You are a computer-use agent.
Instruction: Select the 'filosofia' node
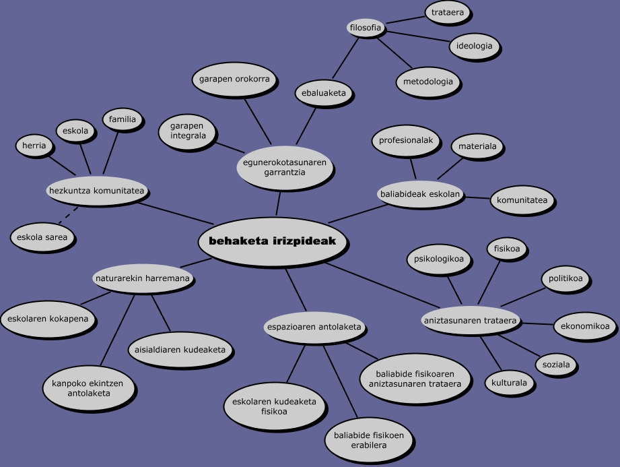[x=366, y=28]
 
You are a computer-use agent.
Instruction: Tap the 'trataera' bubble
[x=448, y=13]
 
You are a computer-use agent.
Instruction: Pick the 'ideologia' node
[x=474, y=46]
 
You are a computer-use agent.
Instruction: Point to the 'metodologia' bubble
[x=428, y=82]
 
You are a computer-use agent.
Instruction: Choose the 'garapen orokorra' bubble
[x=234, y=80]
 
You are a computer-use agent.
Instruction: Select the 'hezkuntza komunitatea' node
[x=97, y=191]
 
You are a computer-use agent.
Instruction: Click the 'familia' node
[x=123, y=120]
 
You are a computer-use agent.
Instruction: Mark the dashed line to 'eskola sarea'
[x=66, y=217]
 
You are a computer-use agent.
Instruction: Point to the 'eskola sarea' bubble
[x=43, y=237]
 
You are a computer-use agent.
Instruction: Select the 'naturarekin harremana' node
[x=142, y=277]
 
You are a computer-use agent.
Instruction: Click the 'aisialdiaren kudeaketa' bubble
[x=181, y=350]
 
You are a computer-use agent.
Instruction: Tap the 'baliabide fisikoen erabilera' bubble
[x=369, y=440]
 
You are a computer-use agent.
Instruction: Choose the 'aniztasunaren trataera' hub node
[x=471, y=321]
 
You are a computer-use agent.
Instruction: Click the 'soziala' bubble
[x=556, y=365]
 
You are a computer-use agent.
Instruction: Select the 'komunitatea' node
[x=522, y=200]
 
